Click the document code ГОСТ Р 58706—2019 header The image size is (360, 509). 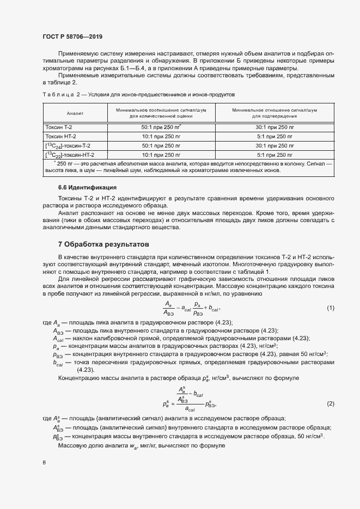(72, 36)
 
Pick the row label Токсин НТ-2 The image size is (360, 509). (60, 136)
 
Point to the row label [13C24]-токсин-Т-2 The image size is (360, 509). (68, 146)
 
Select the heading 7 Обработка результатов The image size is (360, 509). (102, 244)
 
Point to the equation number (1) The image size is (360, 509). (330, 308)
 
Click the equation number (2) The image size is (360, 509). (330, 403)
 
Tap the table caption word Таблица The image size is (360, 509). (57, 94)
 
